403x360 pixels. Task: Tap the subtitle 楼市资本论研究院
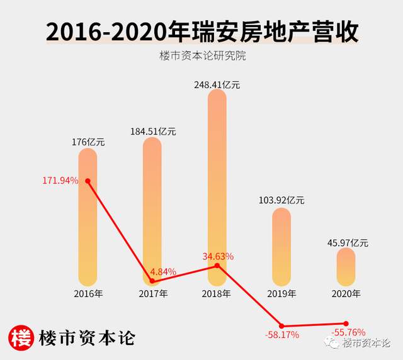point(201,56)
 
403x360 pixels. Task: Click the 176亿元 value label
point(88,142)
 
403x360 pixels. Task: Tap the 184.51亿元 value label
point(153,132)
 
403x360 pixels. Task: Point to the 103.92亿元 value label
point(281,200)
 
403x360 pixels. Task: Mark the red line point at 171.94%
point(88,181)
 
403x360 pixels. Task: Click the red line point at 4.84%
point(152,281)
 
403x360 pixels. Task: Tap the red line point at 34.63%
point(217,266)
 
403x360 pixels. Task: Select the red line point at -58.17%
point(282,325)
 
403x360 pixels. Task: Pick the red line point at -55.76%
point(346,323)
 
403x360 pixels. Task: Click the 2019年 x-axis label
point(281,293)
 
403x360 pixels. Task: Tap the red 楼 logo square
point(21,337)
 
